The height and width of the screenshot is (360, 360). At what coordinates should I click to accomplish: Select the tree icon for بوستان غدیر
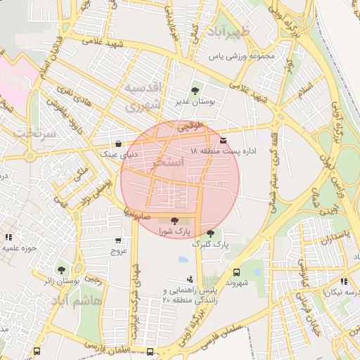(195, 91)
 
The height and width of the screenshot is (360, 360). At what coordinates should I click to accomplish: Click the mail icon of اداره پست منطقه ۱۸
(224, 141)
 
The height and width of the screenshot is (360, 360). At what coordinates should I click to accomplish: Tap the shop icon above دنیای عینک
(118, 142)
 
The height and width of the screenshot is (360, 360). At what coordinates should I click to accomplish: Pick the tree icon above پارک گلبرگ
(210, 233)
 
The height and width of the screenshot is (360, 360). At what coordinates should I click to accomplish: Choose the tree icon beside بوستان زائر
(61, 269)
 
